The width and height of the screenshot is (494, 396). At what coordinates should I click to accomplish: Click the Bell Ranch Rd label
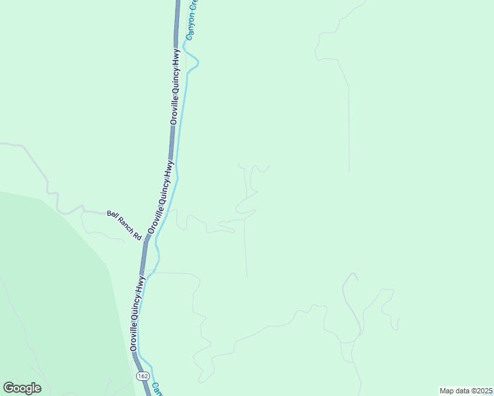pos(125,225)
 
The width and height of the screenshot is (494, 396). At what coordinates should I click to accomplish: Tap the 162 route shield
pos(143,376)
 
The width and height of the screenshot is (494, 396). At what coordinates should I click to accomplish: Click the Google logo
pos(22,388)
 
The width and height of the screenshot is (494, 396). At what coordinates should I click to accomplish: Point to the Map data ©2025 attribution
pos(466,390)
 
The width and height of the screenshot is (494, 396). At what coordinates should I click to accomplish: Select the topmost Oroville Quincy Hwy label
pos(175,85)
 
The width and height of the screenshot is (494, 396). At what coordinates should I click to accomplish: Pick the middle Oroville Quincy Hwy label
pos(162,196)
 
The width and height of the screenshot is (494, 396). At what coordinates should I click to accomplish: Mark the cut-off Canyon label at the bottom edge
pos(157,389)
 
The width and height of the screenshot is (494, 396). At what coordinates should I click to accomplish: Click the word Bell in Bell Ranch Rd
pos(112,214)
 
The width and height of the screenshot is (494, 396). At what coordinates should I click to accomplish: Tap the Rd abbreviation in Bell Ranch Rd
pos(138,236)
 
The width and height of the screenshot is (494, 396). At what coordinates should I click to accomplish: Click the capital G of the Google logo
pos(9,387)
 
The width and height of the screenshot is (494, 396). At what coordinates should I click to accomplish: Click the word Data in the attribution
pos(460,390)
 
